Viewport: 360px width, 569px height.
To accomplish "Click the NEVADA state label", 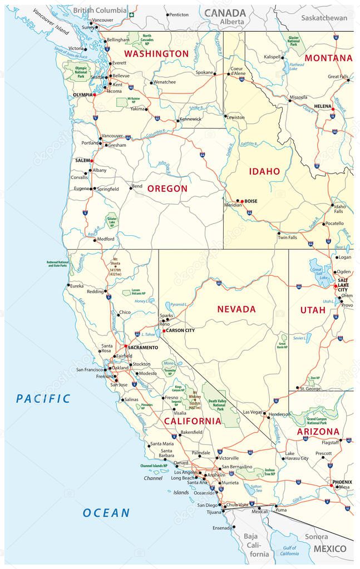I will click(236, 309).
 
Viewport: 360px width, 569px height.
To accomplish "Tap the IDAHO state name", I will click(264, 171).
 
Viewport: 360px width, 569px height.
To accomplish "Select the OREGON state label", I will click(167, 189).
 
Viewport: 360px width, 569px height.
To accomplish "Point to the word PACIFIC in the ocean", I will click(43, 398).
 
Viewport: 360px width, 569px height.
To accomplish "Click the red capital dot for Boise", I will click(242, 200).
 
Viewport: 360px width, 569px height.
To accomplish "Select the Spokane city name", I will click(205, 73).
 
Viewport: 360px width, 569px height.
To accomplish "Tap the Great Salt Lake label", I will click(320, 273).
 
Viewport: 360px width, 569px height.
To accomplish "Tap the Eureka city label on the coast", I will click(76, 286).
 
